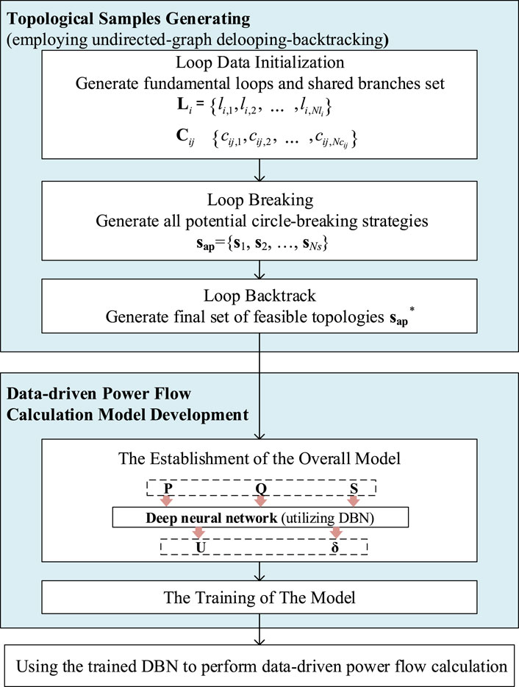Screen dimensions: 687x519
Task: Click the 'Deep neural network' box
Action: click(259, 519)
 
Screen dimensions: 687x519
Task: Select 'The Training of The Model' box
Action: click(259, 598)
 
